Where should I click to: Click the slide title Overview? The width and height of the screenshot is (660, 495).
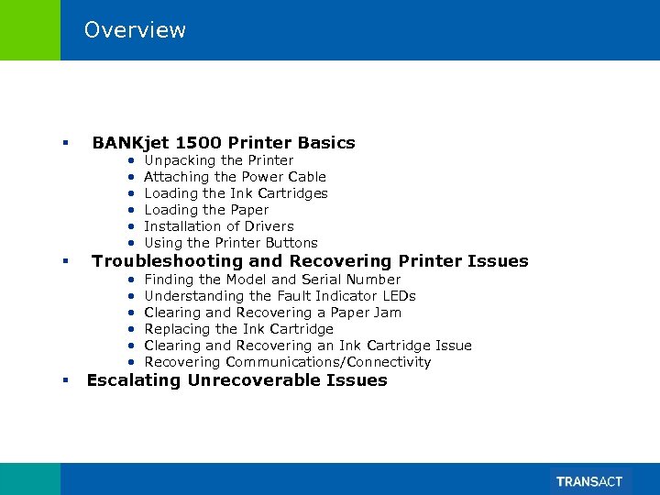(135, 30)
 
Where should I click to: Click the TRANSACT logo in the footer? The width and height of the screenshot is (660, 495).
(588, 481)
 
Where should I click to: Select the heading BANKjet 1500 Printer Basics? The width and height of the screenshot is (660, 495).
(223, 142)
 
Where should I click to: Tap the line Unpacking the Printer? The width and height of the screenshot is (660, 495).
(219, 160)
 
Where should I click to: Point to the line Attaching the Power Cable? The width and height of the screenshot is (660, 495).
(235, 177)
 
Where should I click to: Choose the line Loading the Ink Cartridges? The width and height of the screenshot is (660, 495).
(236, 193)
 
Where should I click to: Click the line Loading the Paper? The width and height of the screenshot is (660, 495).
(206, 210)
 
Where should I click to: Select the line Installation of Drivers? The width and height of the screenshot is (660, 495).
(219, 226)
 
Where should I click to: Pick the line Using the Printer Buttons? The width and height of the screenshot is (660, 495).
(231, 243)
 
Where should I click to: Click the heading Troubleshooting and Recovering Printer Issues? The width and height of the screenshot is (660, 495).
(310, 261)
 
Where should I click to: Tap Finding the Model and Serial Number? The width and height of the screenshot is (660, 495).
(272, 280)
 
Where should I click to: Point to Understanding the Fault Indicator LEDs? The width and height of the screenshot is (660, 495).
(280, 296)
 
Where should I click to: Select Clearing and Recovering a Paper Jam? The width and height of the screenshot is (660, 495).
(272, 313)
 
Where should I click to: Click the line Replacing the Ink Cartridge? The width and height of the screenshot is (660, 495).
(238, 329)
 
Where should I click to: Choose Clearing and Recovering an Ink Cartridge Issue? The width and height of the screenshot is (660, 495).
(308, 346)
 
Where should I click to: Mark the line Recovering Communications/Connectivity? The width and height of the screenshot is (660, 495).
(287, 362)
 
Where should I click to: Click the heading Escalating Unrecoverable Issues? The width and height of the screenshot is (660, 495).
(236, 380)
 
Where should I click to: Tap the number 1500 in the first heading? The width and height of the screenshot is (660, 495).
(198, 142)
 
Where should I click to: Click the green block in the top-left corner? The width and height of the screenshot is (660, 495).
(29, 30)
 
